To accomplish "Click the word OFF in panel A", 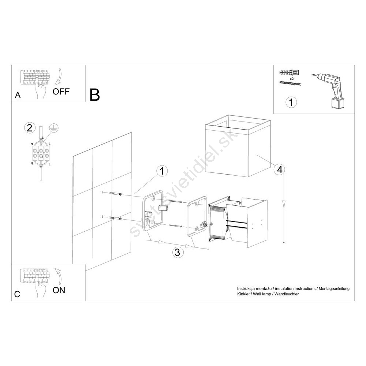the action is click(61, 91).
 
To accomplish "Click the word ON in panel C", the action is click(59, 290).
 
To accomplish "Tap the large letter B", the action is click(95, 95).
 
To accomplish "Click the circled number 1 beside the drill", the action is click(291, 102).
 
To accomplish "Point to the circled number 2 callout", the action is click(30, 128).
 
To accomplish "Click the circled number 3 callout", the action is click(178, 252).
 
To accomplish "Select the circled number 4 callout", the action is click(280, 169).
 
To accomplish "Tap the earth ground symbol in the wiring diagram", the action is click(54, 128).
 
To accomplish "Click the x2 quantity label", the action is click(292, 79).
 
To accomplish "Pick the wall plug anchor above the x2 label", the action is click(290, 72).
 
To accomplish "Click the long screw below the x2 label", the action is click(290, 83).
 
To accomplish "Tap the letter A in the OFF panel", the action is click(18, 95).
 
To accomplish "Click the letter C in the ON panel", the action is click(17, 294).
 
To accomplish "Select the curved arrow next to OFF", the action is click(58, 76).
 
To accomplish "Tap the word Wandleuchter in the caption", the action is click(287, 294).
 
